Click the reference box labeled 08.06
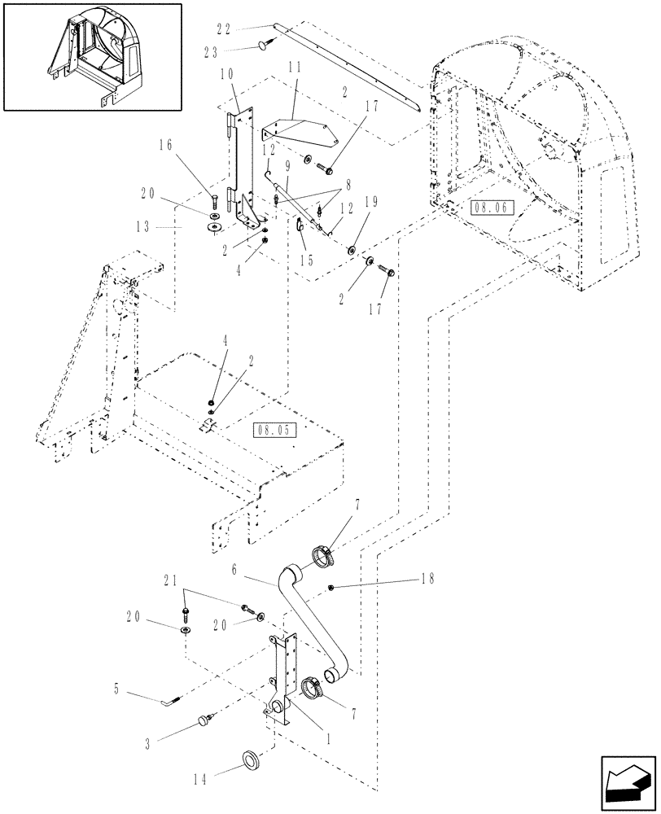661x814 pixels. click(488, 208)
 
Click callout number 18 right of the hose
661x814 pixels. click(424, 580)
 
